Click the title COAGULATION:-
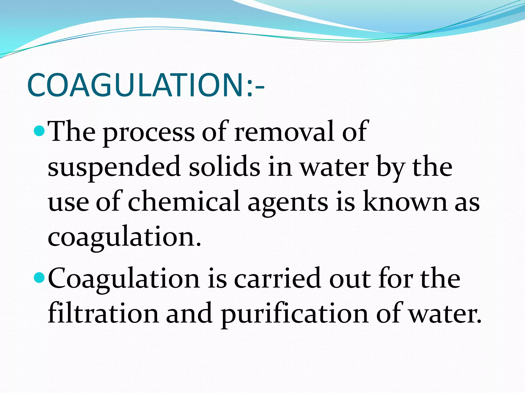[x=145, y=85]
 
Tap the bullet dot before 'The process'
[x=39, y=131]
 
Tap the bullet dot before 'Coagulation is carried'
[x=39, y=278]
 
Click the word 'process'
[x=149, y=133]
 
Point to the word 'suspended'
[x=114, y=168]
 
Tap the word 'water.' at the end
[x=445, y=314]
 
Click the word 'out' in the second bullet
[x=350, y=279]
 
